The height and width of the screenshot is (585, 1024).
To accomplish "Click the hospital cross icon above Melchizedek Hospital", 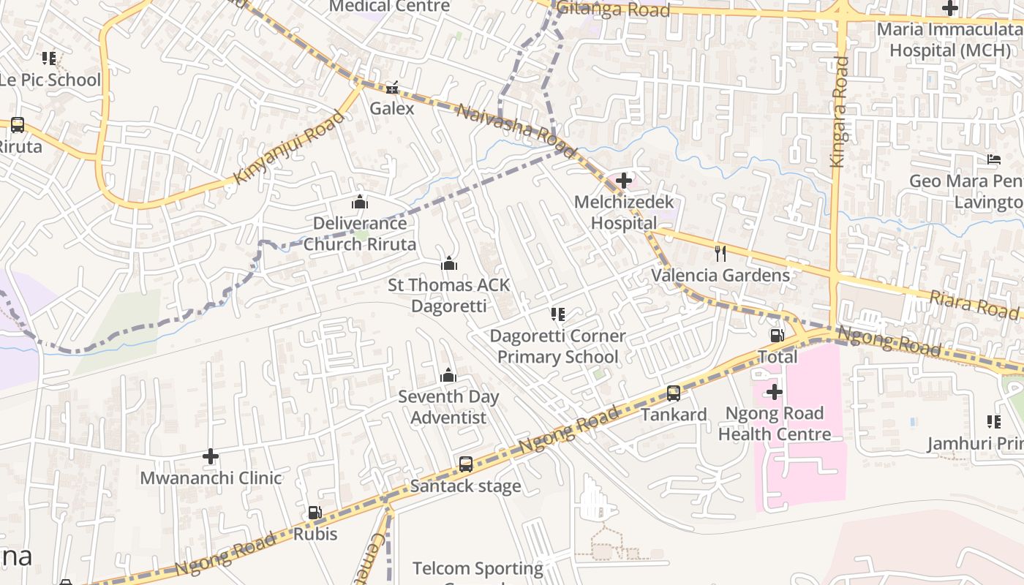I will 624,180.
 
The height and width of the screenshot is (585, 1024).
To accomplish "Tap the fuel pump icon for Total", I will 777,336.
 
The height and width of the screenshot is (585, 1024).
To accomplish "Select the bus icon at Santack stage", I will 466,464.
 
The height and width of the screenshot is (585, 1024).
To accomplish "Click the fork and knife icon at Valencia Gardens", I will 721,254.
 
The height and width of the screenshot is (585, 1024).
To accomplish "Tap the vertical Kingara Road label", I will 840,111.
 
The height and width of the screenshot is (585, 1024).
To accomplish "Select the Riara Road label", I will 974,303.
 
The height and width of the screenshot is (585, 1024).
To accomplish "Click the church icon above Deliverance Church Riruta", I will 360,202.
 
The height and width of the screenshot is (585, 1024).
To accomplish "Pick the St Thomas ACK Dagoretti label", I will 448,295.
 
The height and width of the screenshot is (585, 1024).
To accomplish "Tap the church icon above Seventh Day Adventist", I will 448,376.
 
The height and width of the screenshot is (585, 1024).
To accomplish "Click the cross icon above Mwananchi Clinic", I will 211,456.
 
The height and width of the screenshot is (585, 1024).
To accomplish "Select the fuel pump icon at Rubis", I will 315,513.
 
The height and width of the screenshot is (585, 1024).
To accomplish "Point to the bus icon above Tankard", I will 674,393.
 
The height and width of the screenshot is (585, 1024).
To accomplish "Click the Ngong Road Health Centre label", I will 775,423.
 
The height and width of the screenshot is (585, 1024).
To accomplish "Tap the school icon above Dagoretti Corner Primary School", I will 558,314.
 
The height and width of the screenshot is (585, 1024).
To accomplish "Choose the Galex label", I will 392,108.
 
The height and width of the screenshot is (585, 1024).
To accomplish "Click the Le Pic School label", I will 50,80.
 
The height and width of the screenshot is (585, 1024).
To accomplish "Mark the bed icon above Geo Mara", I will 993,159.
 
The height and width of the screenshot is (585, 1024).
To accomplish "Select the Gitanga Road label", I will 613,10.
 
